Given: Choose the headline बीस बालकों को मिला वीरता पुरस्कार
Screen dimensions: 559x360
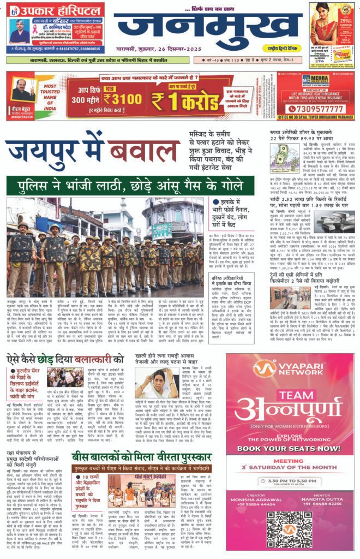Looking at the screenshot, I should tap(145, 426).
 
